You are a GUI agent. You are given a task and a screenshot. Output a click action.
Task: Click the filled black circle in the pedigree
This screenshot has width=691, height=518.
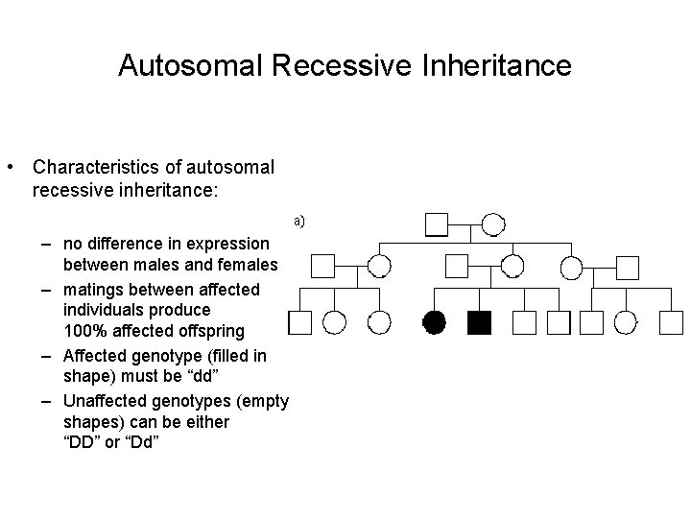click(435, 322)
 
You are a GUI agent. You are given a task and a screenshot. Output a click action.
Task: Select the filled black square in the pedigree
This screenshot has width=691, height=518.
click(479, 322)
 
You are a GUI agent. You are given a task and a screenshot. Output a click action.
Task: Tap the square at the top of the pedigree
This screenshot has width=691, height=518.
click(437, 225)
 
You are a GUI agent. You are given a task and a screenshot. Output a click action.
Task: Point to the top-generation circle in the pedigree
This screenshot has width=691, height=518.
click(492, 225)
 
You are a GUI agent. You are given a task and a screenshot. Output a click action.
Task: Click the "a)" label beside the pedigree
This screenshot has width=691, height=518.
click(299, 221)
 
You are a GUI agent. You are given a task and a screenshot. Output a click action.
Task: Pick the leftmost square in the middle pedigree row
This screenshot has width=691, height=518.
click(322, 266)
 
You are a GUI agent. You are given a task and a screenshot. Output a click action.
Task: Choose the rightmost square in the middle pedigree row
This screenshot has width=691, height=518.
click(627, 266)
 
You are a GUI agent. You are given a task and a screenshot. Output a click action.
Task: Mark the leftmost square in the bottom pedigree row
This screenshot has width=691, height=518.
click(300, 322)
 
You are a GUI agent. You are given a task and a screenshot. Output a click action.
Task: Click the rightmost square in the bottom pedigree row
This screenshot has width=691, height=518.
click(672, 322)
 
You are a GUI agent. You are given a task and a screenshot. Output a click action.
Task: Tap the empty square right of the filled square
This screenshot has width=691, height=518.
click(523, 322)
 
